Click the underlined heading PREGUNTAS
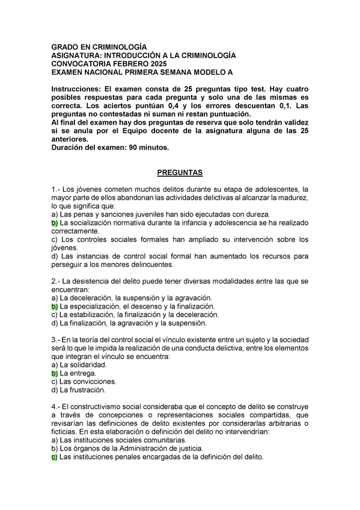point(180,173)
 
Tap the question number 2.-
point(56,281)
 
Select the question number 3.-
point(56,340)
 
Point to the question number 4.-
point(56,407)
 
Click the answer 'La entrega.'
point(78,373)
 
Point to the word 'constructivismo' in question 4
point(100,407)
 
